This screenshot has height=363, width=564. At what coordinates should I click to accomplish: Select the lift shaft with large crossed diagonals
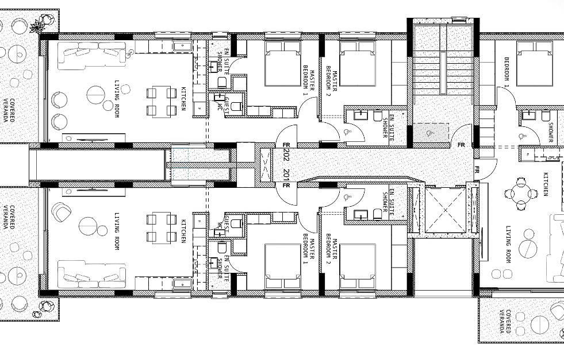(x=446, y=210)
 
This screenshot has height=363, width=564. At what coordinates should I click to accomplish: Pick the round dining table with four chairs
(x=520, y=194)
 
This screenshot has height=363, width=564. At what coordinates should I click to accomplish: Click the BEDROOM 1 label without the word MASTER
(x=507, y=72)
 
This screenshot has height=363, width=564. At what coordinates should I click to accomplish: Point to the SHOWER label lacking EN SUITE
(x=551, y=132)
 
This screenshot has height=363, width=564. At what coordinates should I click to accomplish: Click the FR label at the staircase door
(x=461, y=145)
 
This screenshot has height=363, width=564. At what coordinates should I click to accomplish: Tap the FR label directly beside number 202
(x=286, y=145)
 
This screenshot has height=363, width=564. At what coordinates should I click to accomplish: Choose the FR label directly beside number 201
(x=286, y=186)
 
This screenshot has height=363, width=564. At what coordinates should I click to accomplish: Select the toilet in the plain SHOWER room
(x=546, y=115)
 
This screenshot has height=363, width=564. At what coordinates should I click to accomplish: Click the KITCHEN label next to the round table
(x=546, y=184)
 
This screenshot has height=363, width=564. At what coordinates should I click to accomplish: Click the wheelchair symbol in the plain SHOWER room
(x=522, y=137)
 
